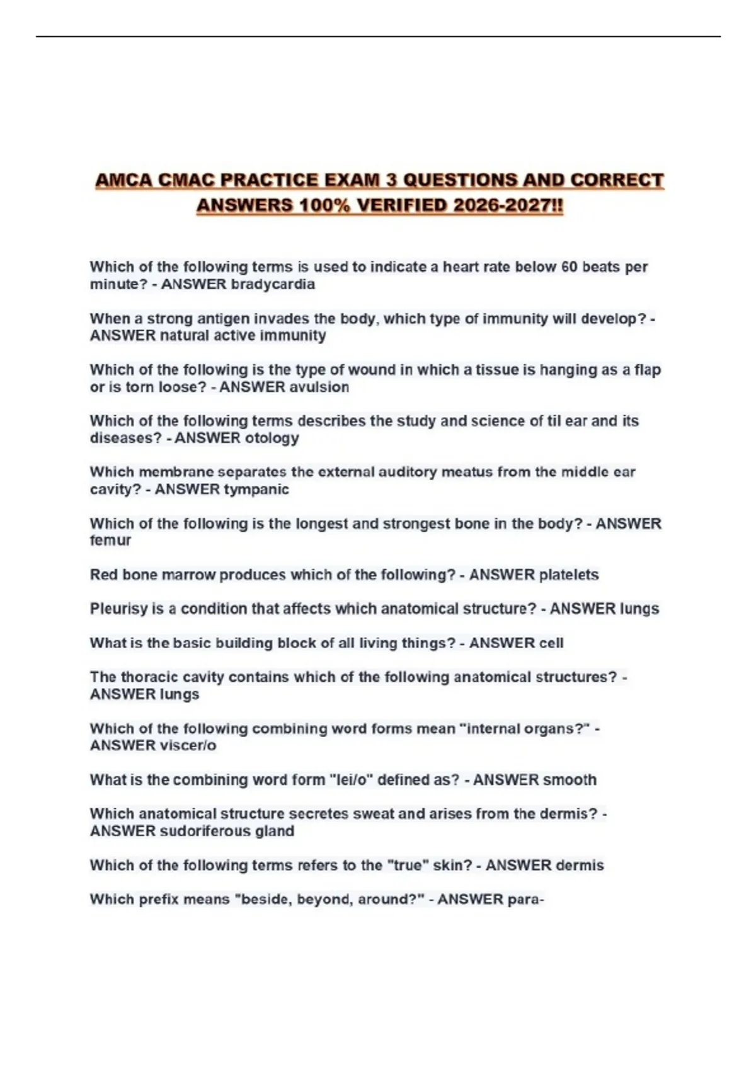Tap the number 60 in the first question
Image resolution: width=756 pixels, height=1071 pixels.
pos(569,267)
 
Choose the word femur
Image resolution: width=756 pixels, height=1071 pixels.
pos(110,541)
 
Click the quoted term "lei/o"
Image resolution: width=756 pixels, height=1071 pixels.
pos(352,780)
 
